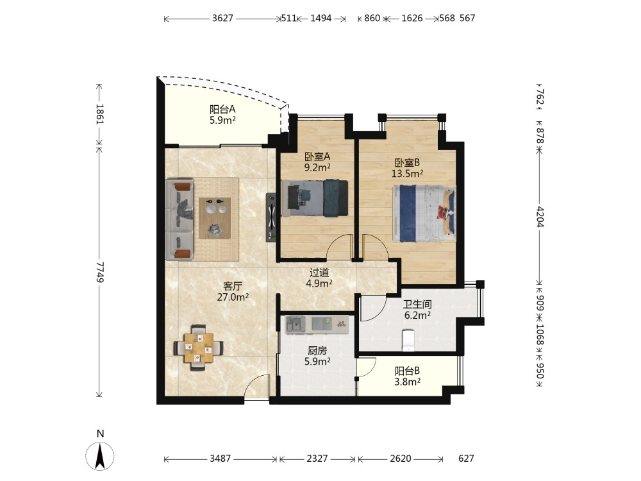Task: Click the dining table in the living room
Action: click(198, 348)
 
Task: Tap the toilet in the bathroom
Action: click(408, 341)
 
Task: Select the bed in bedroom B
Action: click(424, 214)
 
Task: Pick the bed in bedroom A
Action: click(315, 198)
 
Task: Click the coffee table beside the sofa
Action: click(215, 218)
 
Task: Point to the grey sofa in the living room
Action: click(179, 219)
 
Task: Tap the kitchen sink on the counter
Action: click(296, 325)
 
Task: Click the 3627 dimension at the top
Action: click(222, 18)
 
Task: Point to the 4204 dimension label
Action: click(540, 217)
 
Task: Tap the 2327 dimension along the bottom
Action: click(317, 459)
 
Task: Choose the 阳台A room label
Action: click(222, 110)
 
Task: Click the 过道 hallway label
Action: click(319, 273)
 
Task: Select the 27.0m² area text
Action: click(233, 297)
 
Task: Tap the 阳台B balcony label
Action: click(407, 371)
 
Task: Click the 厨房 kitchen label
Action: click(317, 351)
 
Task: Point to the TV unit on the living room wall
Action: click(271, 217)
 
